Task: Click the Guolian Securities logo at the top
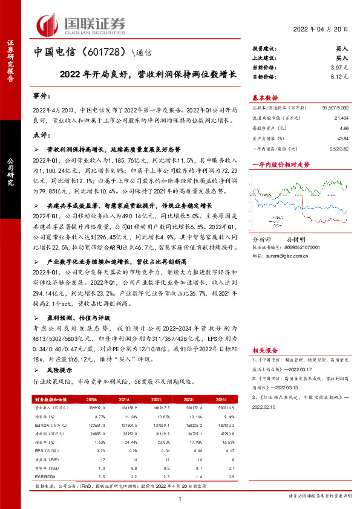[x=81, y=24]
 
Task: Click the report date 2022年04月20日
[x=322, y=30]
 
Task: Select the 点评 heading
[x=41, y=135]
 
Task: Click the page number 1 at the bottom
[x=180, y=498]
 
